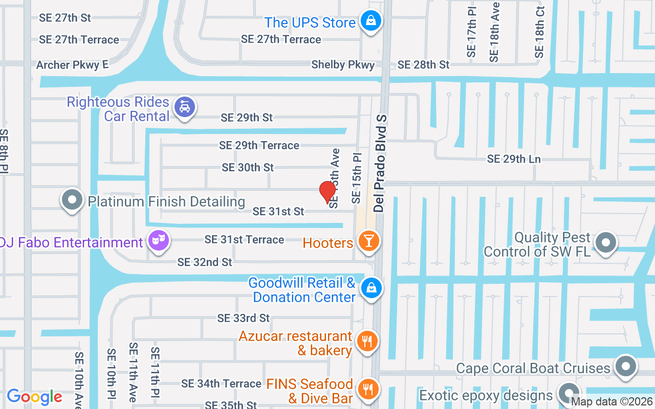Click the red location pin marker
coord(327,192)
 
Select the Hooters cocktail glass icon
coord(368,241)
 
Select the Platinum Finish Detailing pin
coord(72,200)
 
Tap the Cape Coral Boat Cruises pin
coord(625,366)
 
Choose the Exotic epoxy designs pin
coord(567,394)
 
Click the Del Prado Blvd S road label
coord(380,164)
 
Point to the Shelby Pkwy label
coord(343,65)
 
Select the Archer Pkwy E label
coord(73,65)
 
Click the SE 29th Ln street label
coord(514,159)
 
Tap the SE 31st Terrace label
coord(244,239)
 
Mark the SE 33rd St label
coord(244,318)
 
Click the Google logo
coord(34,397)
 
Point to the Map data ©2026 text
coord(612,402)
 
